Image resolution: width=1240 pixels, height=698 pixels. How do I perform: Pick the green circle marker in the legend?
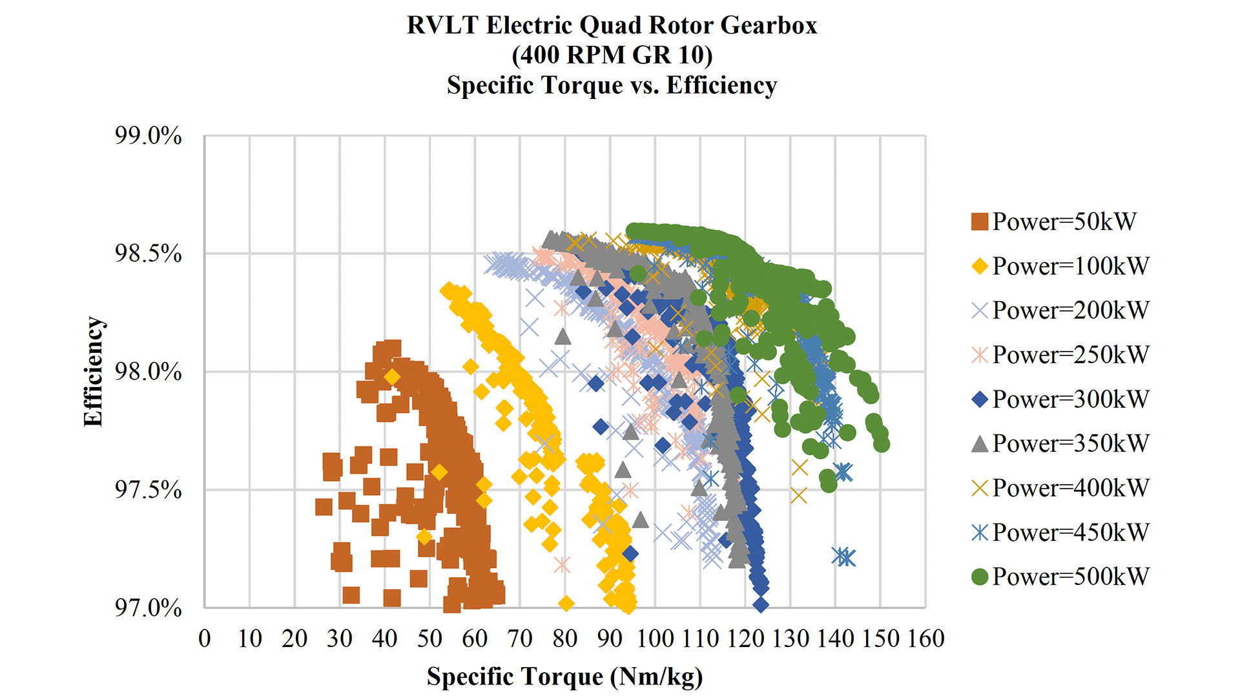[x=980, y=576]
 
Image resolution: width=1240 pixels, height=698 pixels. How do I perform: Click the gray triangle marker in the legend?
[x=980, y=443]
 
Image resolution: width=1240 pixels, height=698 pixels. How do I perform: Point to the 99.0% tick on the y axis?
[x=149, y=136]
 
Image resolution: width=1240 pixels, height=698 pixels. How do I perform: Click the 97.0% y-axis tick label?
[x=149, y=608]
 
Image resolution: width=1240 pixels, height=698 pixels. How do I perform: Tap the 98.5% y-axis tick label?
[x=149, y=254]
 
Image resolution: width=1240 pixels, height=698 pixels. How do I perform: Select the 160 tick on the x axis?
[x=925, y=639]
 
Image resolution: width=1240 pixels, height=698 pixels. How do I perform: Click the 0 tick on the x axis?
[x=205, y=639]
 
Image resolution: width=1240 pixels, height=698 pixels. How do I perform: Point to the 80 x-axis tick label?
[x=565, y=639]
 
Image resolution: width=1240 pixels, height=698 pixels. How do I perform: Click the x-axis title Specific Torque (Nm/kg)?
[x=564, y=677]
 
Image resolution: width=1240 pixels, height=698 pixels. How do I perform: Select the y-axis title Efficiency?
[x=94, y=372]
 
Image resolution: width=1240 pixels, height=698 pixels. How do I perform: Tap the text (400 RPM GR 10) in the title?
[x=612, y=55]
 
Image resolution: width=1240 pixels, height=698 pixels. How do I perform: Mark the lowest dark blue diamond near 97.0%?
[x=761, y=605]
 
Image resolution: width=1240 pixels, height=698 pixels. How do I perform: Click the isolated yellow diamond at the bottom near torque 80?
[x=566, y=604]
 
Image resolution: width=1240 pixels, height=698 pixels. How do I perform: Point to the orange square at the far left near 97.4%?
[x=324, y=507]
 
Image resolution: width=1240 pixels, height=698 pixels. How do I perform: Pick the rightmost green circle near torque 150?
[x=882, y=444]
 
